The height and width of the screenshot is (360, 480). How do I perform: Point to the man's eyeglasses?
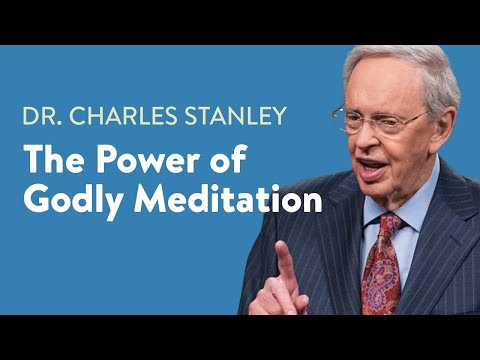(384, 122)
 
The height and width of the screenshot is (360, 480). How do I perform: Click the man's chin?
(385, 190)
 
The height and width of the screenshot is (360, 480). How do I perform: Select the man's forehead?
(385, 90)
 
